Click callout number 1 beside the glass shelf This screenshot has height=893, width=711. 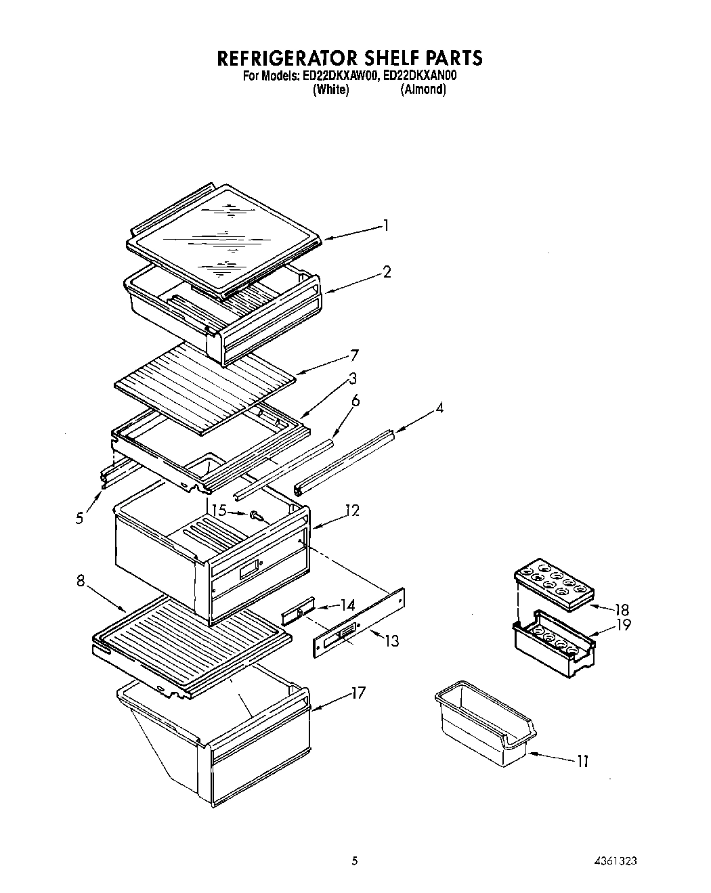385,225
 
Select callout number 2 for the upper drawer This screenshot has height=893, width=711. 387,272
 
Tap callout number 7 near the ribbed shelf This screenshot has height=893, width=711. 354,355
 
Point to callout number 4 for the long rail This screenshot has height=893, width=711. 439,409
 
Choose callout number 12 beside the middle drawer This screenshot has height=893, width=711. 352,511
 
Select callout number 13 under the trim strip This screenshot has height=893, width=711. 391,640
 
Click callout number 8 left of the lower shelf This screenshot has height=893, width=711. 81,580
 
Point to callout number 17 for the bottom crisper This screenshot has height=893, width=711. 358,693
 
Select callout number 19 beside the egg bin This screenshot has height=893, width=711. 624,625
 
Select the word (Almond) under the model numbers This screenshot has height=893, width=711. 423,89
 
